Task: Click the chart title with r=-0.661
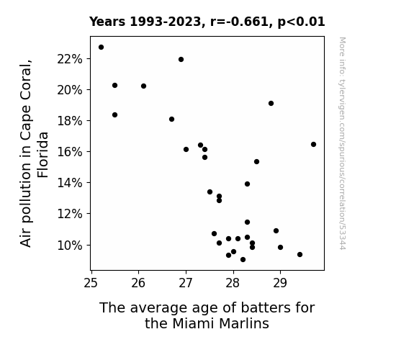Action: (207, 22)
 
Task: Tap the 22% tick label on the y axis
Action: (70, 59)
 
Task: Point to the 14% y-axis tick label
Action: (70, 183)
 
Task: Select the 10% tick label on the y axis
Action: (70, 246)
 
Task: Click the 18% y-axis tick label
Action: (70, 121)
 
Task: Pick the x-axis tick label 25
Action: (91, 283)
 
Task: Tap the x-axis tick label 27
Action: (186, 283)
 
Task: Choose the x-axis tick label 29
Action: (280, 283)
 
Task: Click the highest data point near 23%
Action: (101, 48)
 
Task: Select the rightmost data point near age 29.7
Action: (313, 145)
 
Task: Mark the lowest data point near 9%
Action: (243, 260)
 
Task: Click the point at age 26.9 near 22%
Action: (181, 60)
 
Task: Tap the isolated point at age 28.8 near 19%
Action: (271, 103)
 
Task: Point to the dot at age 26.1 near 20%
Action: (143, 86)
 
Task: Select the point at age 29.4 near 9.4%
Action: (300, 255)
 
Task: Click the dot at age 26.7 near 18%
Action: (171, 119)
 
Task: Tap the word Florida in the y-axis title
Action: (42, 155)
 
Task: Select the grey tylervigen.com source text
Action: (342, 143)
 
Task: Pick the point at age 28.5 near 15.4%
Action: (256, 162)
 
